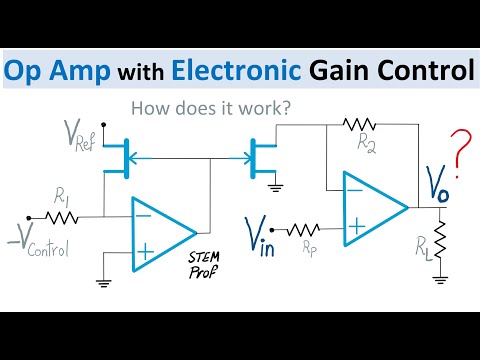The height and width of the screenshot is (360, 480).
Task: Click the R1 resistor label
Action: (x=63, y=196)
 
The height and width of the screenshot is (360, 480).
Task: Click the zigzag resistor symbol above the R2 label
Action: (x=357, y=124)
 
